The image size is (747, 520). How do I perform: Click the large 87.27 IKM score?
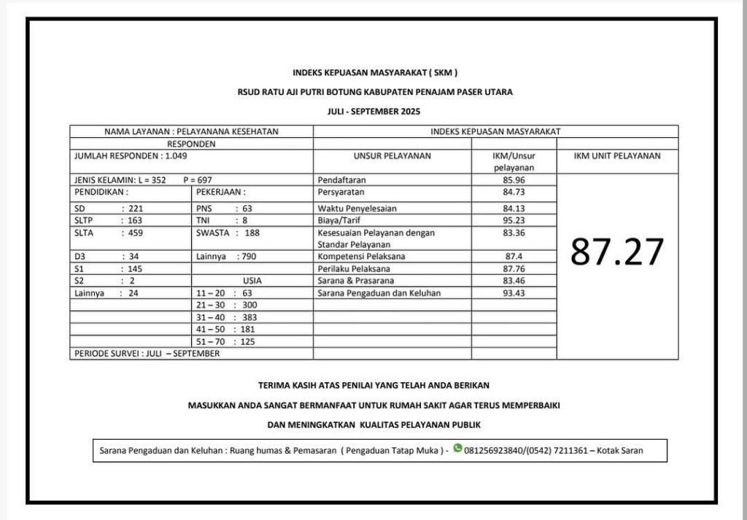[617, 252]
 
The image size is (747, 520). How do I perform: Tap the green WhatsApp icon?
[457, 449]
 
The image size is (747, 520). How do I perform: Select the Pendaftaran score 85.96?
[514, 179]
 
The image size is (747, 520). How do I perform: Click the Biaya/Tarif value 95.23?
[514, 220]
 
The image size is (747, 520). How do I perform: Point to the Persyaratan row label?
[341, 192]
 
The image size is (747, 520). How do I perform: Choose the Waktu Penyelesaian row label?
[357, 208]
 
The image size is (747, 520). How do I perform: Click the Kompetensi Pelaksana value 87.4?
[514, 257]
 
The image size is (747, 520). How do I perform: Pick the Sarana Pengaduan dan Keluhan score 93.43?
[514, 293]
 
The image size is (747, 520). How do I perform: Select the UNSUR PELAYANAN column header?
[392, 155]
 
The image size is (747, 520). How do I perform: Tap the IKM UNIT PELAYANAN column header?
[617, 155]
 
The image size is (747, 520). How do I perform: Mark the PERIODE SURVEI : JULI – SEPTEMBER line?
[147, 354]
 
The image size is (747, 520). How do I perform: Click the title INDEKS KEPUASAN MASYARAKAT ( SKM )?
[375, 72]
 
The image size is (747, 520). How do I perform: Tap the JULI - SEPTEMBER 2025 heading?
[374, 112]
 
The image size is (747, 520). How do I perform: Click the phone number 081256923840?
[494, 451]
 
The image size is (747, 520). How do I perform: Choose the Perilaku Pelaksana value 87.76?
[514, 268]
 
